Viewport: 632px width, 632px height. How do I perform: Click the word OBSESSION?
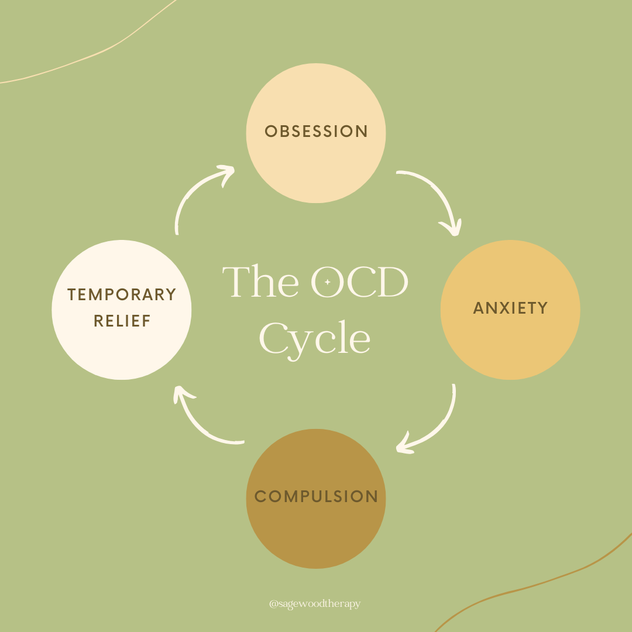[316, 131]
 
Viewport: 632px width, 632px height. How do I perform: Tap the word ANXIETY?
[510, 308]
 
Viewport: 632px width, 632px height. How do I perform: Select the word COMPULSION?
[316, 497]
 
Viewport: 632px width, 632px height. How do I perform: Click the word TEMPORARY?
[122, 294]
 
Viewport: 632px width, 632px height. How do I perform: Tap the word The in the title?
[260, 282]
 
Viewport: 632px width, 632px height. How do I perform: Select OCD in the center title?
[359, 282]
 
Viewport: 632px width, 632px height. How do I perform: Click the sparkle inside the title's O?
[328, 282]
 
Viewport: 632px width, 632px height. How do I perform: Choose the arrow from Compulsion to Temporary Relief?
[199, 421]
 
